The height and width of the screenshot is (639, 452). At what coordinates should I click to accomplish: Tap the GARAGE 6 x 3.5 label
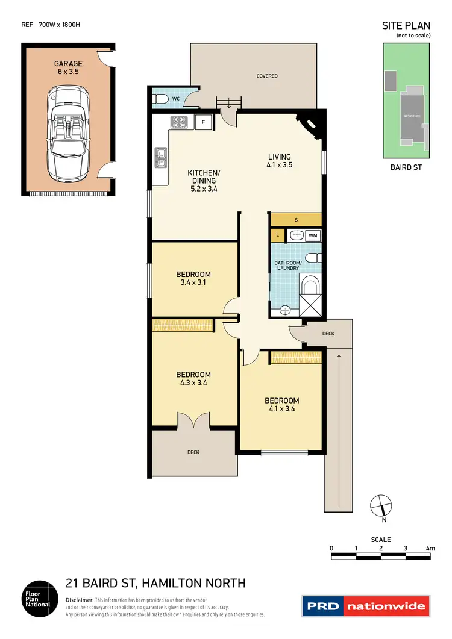67,67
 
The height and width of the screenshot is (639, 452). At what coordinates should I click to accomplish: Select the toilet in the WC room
160,99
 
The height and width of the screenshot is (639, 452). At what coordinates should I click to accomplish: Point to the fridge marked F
204,122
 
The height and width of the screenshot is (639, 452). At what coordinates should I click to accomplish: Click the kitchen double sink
161,158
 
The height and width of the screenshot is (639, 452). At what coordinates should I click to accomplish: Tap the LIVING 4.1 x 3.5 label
280,161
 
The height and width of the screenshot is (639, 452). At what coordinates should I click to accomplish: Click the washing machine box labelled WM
313,236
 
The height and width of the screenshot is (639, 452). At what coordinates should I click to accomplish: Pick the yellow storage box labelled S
296,219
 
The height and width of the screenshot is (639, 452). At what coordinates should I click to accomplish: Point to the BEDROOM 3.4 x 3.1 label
193,278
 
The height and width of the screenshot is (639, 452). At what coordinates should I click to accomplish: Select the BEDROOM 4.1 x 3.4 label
281,405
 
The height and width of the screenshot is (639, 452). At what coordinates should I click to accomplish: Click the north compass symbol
381,505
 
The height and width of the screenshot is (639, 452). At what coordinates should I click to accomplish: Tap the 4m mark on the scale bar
430,548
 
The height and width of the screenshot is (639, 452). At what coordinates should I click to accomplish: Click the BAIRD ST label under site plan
406,167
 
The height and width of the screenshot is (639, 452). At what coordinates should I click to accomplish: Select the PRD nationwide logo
366,606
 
